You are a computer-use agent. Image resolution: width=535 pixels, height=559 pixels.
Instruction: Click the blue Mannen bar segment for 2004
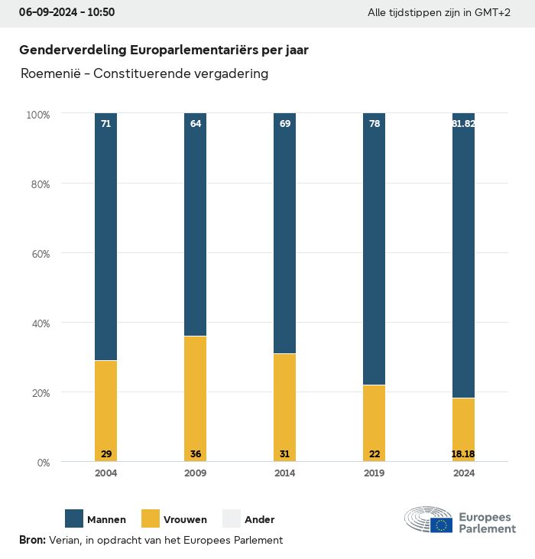(105, 237)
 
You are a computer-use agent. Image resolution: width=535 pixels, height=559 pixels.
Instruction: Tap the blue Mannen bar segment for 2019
(374, 249)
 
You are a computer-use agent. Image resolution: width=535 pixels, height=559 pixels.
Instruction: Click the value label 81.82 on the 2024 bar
(463, 123)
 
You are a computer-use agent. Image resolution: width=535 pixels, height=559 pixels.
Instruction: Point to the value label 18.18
(463, 454)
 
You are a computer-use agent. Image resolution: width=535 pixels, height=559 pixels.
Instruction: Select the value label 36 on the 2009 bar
(195, 454)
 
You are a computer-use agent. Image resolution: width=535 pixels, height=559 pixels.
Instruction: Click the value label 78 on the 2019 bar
(374, 123)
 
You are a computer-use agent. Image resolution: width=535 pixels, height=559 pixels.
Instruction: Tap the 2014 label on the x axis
(284, 473)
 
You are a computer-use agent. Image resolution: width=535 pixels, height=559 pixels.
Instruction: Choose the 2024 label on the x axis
(463, 473)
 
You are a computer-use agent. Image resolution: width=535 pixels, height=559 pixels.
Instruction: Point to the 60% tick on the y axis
(38, 253)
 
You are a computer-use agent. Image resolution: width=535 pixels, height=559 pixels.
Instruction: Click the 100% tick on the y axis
(37, 115)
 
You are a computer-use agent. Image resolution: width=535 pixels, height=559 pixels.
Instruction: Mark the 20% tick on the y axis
(38, 393)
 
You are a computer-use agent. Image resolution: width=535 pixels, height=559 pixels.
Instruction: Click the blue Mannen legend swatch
(74, 518)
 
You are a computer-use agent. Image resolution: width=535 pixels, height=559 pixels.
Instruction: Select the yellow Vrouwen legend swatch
(151, 518)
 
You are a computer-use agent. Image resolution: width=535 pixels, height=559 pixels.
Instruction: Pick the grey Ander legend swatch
(232, 518)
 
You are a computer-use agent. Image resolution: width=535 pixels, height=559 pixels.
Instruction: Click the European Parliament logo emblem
(429, 519)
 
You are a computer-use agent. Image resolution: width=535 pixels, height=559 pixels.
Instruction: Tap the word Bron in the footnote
(32, 540)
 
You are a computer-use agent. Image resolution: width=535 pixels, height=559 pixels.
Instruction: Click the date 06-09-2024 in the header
(46, 12)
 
